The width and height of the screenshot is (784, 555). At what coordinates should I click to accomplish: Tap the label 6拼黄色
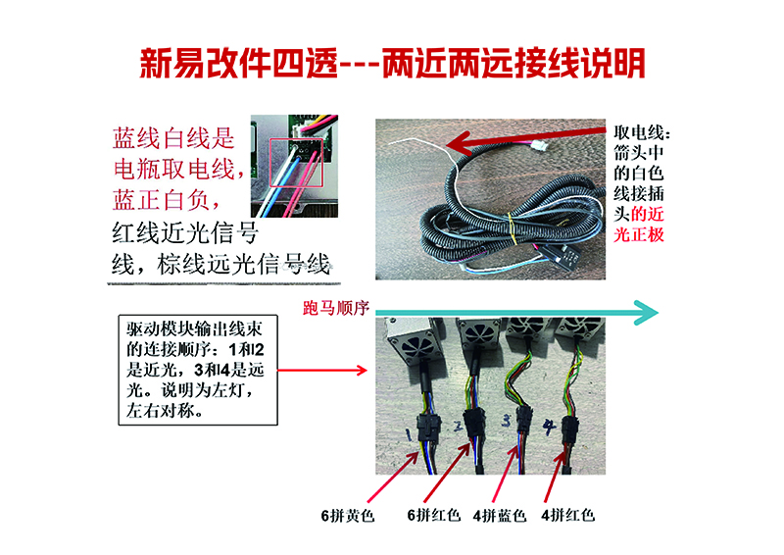tap(348, 515)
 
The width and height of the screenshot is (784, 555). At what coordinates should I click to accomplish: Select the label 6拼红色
tap(433, 515)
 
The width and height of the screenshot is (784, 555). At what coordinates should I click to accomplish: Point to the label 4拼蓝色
tap(500, 515)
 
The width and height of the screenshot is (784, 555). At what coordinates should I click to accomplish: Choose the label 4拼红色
tap(567, 515)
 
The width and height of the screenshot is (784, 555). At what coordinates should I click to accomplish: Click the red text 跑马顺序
tap(336, 308)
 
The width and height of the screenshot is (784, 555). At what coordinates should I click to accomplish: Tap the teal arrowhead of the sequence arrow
tap(646, 313)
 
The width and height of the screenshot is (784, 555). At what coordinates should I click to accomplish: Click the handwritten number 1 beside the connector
tap(409, 434)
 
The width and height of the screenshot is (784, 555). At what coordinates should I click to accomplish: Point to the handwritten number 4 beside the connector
tap(549, 427)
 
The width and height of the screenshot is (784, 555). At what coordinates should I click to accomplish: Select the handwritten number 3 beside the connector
tap(507, 421)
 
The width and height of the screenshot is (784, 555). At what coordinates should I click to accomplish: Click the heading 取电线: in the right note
tap(642, 132)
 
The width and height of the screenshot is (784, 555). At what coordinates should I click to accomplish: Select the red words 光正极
tap(639, 234)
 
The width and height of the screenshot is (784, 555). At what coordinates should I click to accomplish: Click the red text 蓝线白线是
tap(173, 138)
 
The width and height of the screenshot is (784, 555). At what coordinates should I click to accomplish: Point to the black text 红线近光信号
tap(185, 232)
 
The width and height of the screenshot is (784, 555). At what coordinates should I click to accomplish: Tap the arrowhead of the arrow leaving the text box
tap(361, 371)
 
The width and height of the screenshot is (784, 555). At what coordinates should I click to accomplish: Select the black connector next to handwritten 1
tap(426, 426)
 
